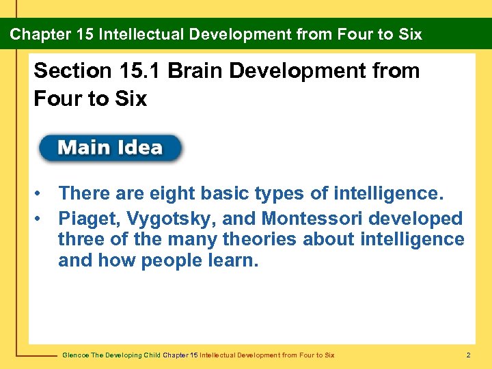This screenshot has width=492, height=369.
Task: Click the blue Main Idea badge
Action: tap(110, 148)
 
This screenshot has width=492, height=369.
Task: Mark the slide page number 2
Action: tap(468, 355)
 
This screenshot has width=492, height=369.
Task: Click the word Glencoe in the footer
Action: tap(75, 355)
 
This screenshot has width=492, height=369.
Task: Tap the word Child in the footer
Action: tap(150, 355)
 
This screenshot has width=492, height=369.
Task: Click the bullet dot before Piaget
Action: tap(42, 219)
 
